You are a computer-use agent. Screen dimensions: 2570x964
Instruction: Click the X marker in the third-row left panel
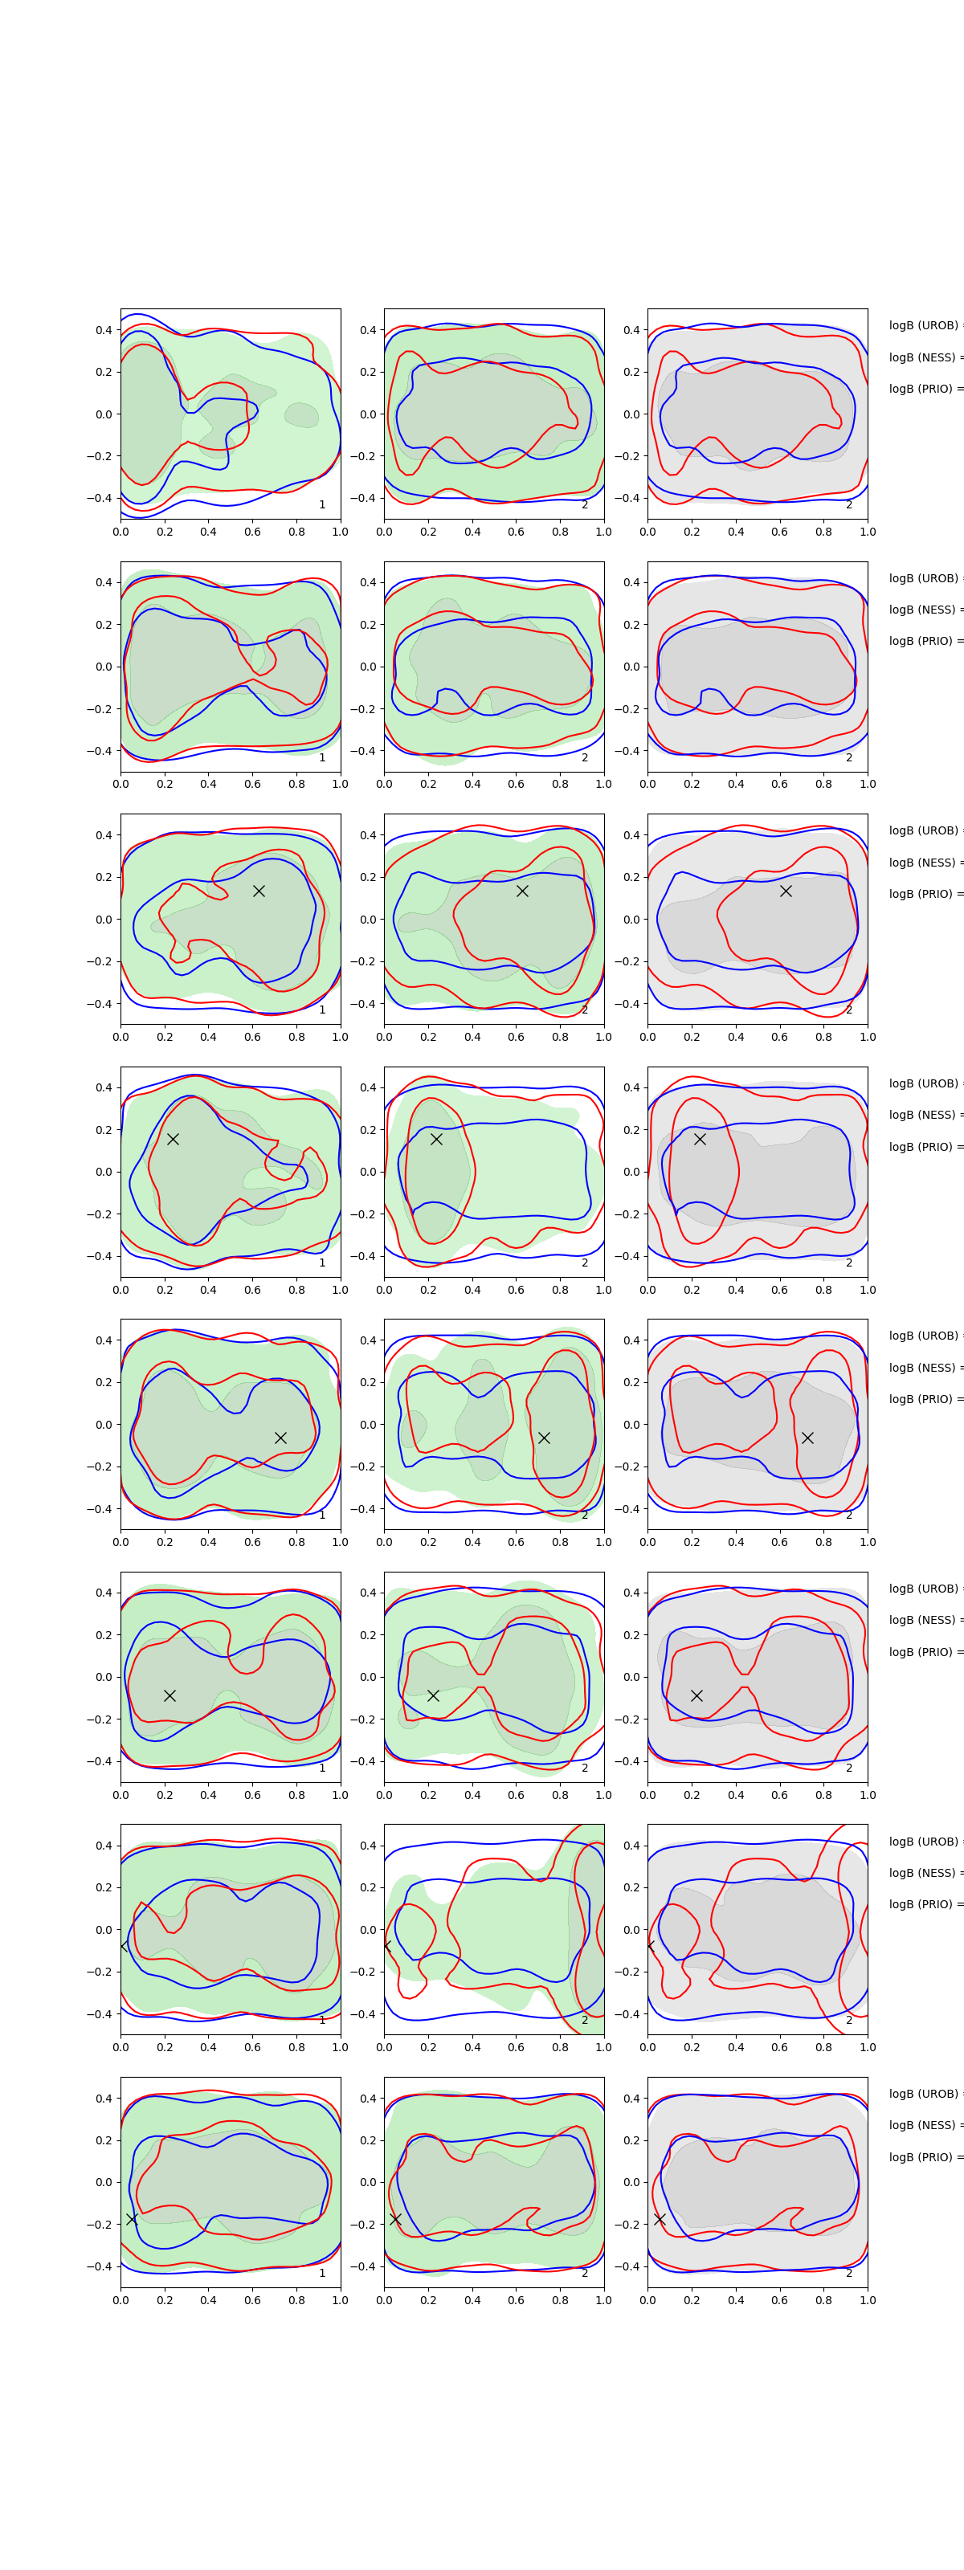tap(259, 891)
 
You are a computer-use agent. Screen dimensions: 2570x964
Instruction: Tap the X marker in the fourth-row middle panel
tap(436, 1138)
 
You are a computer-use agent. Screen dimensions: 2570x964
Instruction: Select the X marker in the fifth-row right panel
tap(807, 1438)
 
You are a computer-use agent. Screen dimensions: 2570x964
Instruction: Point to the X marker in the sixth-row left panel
tap(170, 1695)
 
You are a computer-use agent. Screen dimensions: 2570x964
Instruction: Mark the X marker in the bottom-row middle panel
tap(395, 2219)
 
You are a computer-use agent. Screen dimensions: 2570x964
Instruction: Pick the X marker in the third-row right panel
tap(786, 891)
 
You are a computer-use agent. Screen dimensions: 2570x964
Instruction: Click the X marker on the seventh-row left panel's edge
tap(124, 1945)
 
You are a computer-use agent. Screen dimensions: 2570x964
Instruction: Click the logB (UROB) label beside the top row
tap(924, 325)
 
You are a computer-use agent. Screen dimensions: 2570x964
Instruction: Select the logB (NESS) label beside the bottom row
tap(924, 2125)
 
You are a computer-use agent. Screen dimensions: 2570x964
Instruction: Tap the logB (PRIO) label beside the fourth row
tap(924, 1146)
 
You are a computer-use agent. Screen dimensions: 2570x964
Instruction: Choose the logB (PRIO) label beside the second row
tap(924, 641)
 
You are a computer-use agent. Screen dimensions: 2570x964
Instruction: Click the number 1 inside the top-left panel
tap(322, 505)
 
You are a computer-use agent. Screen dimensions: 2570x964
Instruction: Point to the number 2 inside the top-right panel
tap(849, 505)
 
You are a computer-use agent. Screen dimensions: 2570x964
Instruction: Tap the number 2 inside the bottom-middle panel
tap(585, 2273)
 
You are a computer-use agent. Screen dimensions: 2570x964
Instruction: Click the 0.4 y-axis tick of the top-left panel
tap(104, 330)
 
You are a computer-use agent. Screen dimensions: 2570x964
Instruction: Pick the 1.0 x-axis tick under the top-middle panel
tap(604, 532)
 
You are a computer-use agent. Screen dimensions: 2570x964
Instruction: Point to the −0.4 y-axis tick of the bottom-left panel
tap(100, 2266)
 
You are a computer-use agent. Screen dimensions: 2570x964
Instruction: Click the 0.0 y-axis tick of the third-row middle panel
tap(367, 920)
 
